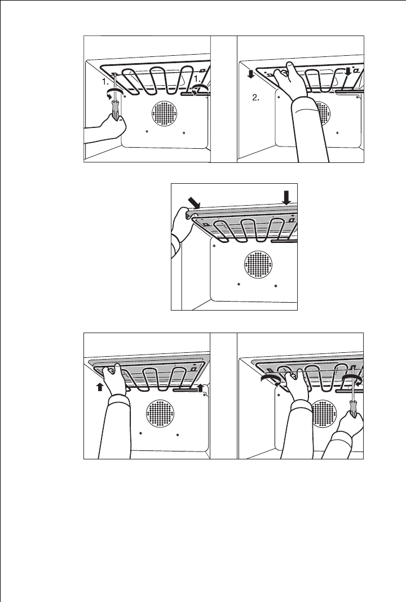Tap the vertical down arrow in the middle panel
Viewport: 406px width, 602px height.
point(286,197)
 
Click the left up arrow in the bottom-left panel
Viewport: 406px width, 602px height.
point(99,387)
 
